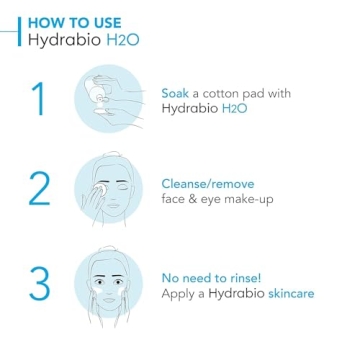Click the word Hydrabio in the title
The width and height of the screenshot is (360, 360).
pyautogui.click(x=64, y=42)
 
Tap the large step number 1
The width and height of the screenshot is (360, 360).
pyautogui.click(x=38, y=100)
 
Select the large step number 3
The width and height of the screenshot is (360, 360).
pyautogui.click(x=38, y=282)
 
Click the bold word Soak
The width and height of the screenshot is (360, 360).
pyautogui.click(x=175, y=92)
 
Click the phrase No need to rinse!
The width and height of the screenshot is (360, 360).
pyautogui.click(x=212, y=277)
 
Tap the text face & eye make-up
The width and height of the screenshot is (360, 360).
pyautogui.click(x=216, y=199)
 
